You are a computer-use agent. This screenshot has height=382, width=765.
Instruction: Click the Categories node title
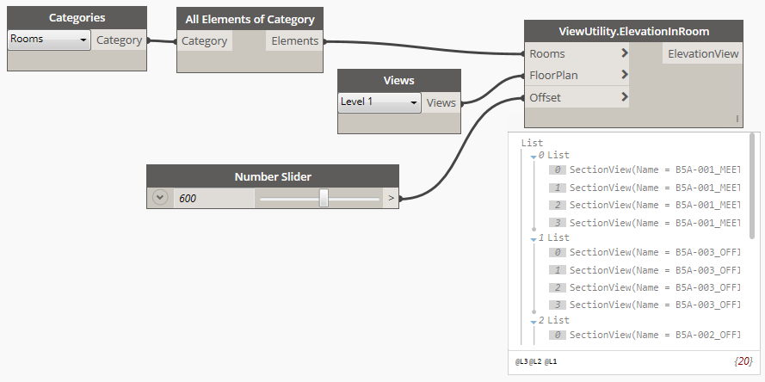77,17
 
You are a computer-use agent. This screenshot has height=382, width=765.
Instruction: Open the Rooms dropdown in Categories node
49,40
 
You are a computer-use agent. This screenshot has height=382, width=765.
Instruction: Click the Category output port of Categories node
120,40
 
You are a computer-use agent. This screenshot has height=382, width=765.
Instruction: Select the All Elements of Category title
249,19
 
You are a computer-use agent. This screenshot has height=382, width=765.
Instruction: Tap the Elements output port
295,40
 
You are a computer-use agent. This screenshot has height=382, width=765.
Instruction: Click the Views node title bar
398,80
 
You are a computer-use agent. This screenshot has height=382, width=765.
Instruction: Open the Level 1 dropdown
379,102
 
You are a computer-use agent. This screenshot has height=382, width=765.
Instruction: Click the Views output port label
441,102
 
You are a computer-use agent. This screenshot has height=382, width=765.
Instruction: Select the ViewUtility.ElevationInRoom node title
633,31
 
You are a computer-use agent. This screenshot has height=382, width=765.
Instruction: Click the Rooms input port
547,53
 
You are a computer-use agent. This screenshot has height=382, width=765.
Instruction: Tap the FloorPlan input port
553,76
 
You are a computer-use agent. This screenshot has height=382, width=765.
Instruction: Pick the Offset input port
545,98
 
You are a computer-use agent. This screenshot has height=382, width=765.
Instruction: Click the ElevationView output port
701,53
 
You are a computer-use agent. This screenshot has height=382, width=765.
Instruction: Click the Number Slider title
273,176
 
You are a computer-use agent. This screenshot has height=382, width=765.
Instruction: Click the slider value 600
188,198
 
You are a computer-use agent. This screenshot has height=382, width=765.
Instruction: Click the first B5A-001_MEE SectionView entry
653,170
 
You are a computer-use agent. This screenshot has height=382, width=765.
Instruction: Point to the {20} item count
743,361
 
